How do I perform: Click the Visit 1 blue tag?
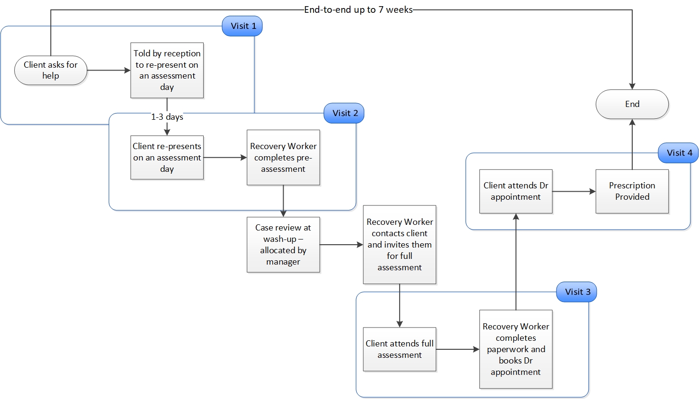pos(242,26)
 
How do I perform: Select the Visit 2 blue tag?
pos(344,113)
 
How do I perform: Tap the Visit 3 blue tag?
pos(577,292)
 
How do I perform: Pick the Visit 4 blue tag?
pos(679,153)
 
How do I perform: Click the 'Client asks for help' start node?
pos(51,70)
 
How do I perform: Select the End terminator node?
pos(632,104)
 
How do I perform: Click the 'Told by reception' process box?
pos(167,70)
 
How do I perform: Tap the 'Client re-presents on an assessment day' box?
pos(167,157)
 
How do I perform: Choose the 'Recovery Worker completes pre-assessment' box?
pos(283,157)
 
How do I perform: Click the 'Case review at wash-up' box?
pos(283,245)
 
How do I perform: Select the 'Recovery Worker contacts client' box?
pos(399,245)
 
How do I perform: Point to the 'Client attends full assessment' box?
pos(399,349)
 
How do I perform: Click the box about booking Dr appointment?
pos(516,349)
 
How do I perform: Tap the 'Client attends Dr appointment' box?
pos(516,191)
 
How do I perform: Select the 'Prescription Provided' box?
pos(632,191)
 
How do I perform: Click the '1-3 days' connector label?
pos(167,117)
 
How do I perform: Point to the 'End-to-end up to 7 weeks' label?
pos(358,9)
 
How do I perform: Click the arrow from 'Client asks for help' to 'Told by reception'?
pos(108,70)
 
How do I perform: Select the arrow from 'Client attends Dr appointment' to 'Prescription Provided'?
pos(574,191)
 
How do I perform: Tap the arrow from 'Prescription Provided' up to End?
pos(632,144)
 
